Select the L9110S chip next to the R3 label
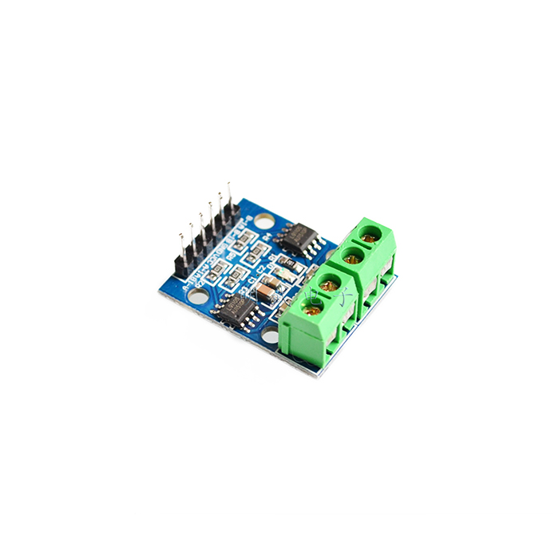click(x=238, y=309)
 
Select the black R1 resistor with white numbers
click(x=290, y=264)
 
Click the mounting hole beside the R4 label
click(x=264, y=220)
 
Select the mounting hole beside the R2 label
click(x=196, y=296)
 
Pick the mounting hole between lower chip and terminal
click(x=270, y=335)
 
